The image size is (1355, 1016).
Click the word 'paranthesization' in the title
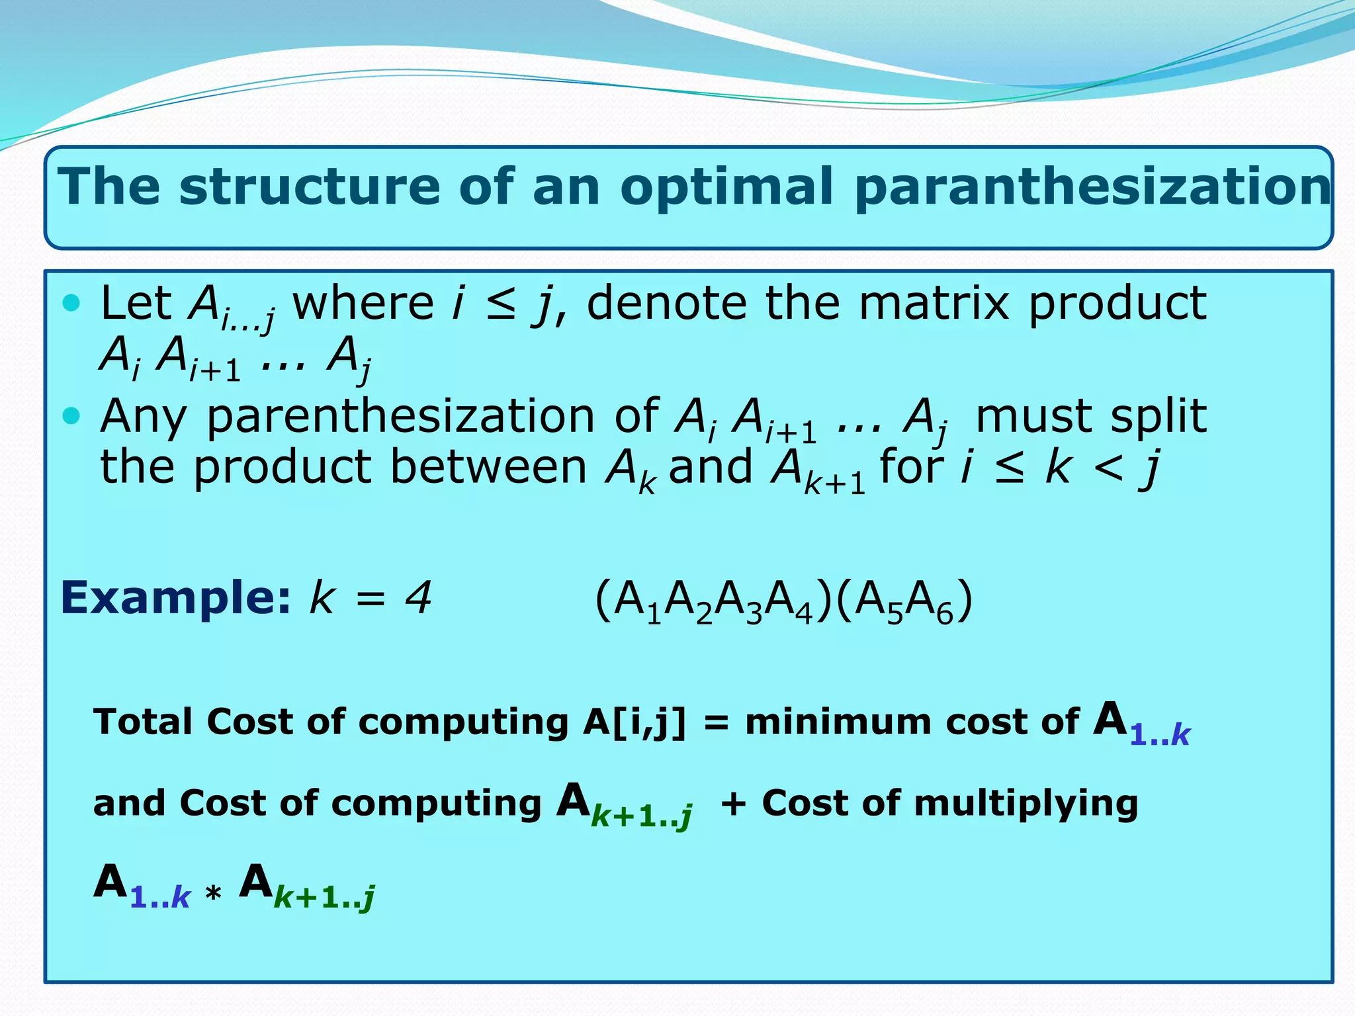[1092, 188]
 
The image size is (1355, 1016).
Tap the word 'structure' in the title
[309, 187]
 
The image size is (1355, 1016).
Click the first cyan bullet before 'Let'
[71, 303]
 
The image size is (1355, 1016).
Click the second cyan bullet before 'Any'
[71, 416]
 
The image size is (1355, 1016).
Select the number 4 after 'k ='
[418, 597]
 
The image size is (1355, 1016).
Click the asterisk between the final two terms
[213, 896]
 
